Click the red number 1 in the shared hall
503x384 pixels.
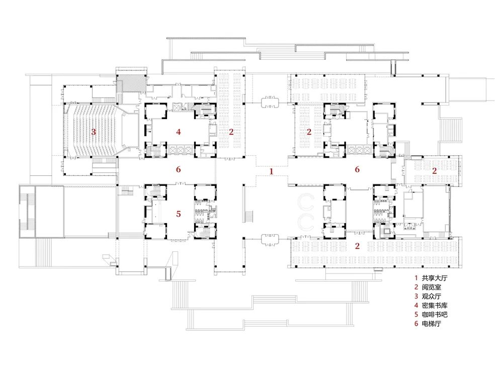click(272, 171)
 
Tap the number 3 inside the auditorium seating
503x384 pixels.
click(94, 132)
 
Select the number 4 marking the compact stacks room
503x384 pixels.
click(179, 131)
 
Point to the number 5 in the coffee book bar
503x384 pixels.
click(179, 214)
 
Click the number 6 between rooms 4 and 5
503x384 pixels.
click(179, 169)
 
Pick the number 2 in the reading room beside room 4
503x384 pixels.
click(231, 132)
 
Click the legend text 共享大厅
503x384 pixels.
click(435, 278)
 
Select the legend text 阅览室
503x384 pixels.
click(431, 287)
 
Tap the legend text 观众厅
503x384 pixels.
click(431, 296)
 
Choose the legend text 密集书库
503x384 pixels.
click(435, 306)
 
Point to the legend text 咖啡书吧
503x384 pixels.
click(435, 315)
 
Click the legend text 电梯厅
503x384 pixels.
click(431, 323)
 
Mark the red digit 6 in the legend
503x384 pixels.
click(416, 323)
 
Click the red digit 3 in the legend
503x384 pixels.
click(416, 296)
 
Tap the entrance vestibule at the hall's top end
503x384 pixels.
click(270, 103)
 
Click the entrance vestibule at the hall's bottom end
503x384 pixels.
click(270, 240)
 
